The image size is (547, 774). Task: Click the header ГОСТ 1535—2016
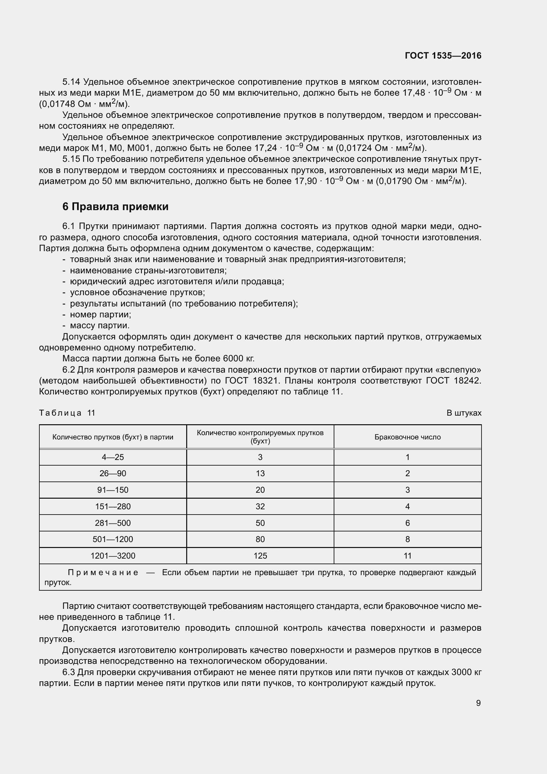point(443,56)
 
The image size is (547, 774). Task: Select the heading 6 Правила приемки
point(115,206)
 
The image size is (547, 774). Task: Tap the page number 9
point(478,703)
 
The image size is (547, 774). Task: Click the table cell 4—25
point(113,457)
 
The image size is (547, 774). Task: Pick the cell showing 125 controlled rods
point(260,556)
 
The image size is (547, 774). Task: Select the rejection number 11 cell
point(407,556)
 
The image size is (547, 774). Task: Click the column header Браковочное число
point(407,437)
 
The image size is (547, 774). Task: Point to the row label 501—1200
point(113,539)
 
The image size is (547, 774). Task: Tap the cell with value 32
point(260,506)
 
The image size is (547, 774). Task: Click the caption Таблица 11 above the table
point(67,413)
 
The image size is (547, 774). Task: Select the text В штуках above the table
point(464,413)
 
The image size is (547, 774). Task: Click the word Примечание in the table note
point(103,572)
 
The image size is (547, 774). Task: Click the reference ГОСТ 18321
point(252,381)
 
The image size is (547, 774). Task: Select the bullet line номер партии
point(101,314)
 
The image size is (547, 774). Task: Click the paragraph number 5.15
point(71,159)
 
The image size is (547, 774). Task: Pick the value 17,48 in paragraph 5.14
point(414,93)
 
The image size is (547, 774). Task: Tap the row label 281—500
point(113,523)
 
